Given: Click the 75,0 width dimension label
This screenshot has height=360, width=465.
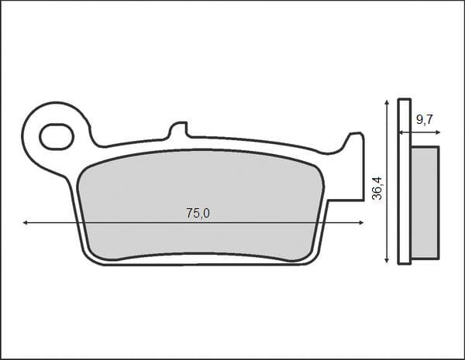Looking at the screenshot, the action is point(198,214).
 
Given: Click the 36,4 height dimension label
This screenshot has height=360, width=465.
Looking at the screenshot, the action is point(378,188).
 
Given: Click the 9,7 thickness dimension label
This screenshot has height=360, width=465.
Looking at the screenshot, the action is point(425,120).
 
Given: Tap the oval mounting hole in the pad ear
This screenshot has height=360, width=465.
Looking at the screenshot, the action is point(57,136).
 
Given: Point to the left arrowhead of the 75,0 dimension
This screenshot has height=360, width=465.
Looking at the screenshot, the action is point(25,222).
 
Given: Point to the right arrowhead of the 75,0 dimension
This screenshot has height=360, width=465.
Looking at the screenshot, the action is point(361,222).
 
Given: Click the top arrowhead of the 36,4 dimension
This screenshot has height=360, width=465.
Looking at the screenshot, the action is point(387,102).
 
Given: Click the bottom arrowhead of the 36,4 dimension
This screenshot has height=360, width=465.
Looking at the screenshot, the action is point(387,260).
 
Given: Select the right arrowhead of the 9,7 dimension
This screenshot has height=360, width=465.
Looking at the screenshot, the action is point(438,132).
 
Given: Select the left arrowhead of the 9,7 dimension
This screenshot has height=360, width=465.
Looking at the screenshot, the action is point(401,132).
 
